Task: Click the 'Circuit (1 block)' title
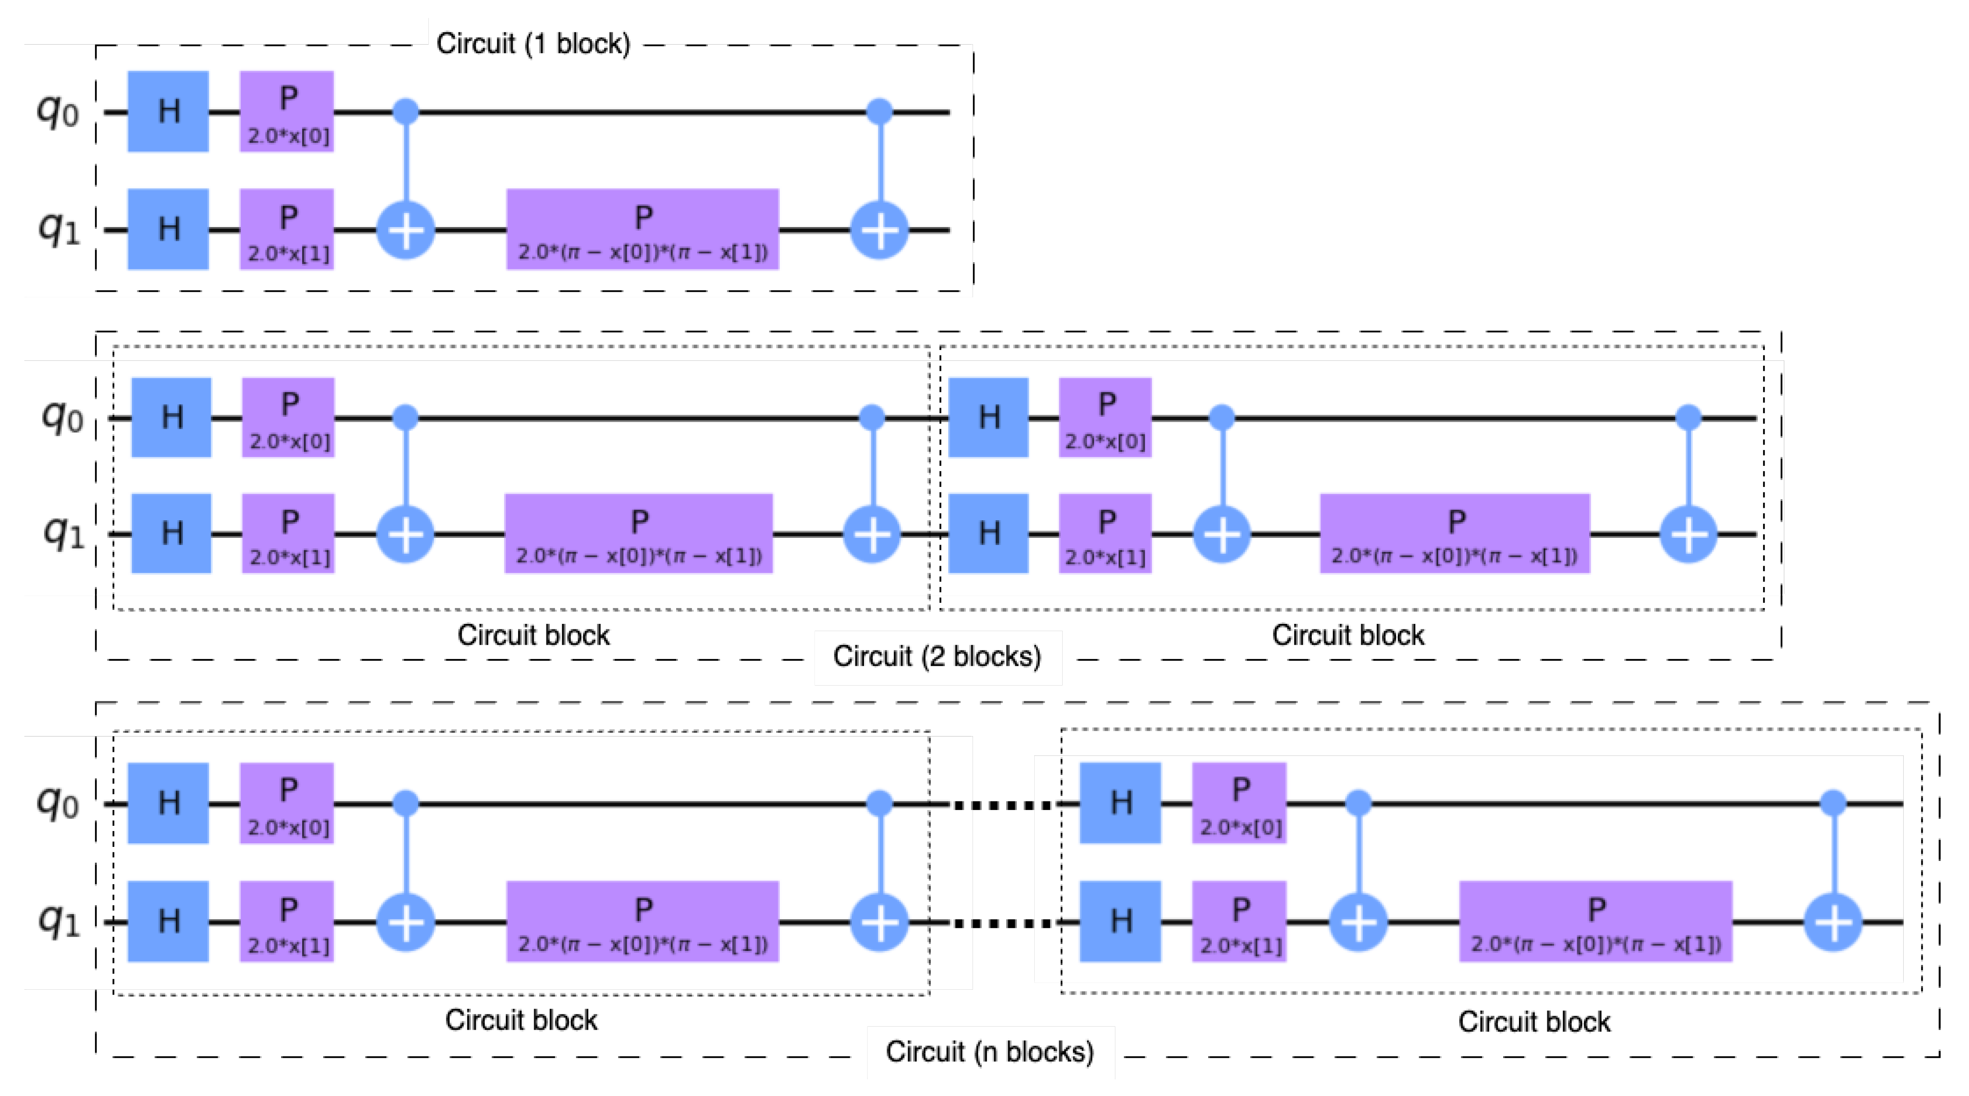533,44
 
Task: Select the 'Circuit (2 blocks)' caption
937,656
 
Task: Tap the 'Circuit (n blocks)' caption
989,1052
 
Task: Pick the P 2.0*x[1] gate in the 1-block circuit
287,229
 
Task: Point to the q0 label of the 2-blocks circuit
62,417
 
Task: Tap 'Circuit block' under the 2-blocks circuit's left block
533,635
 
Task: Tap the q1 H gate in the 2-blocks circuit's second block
988,533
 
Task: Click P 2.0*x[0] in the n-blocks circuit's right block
1239,802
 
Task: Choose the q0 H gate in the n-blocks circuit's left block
168,802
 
